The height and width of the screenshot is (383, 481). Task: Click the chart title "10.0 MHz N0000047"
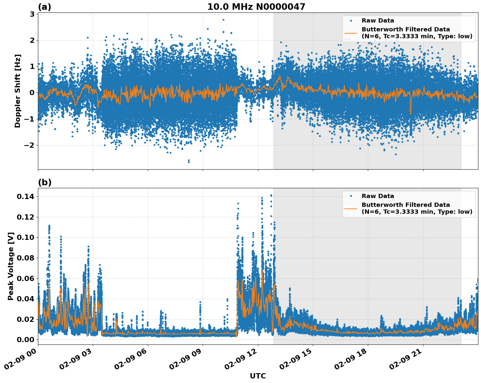(x=256, y=7)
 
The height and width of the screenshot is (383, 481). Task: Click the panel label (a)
(x=44, y=7)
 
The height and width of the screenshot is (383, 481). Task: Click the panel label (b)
(x=44, y=182)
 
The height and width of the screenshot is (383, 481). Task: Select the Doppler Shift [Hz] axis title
(x=18, y=91)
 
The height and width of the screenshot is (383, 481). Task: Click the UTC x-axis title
(x=258, y=376)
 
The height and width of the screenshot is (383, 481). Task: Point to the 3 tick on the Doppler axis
(x=32, y=14)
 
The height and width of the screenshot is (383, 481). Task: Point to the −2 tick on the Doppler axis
(x=30, y=145)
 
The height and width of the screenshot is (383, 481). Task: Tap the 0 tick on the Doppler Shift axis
(x=32, y=92)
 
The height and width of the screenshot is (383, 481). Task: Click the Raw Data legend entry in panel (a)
(x=378, y=21)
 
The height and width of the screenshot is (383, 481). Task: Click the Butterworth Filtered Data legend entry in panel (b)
(x=417, y=208)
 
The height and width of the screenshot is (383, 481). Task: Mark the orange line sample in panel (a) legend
(x=351, y=33)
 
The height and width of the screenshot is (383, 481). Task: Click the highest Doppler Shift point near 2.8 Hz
(x=223, y=20)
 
